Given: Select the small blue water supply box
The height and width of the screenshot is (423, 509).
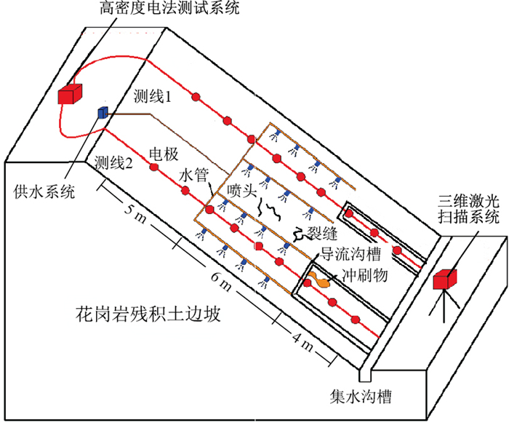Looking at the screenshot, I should [103, 112].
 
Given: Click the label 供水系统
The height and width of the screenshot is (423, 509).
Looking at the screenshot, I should [44, 192].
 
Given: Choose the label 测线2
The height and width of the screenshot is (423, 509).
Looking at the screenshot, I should [114, 163].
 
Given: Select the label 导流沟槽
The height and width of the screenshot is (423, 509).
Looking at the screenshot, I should [351, 254].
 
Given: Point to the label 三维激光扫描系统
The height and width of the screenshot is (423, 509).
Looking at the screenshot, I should [468, 208].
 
